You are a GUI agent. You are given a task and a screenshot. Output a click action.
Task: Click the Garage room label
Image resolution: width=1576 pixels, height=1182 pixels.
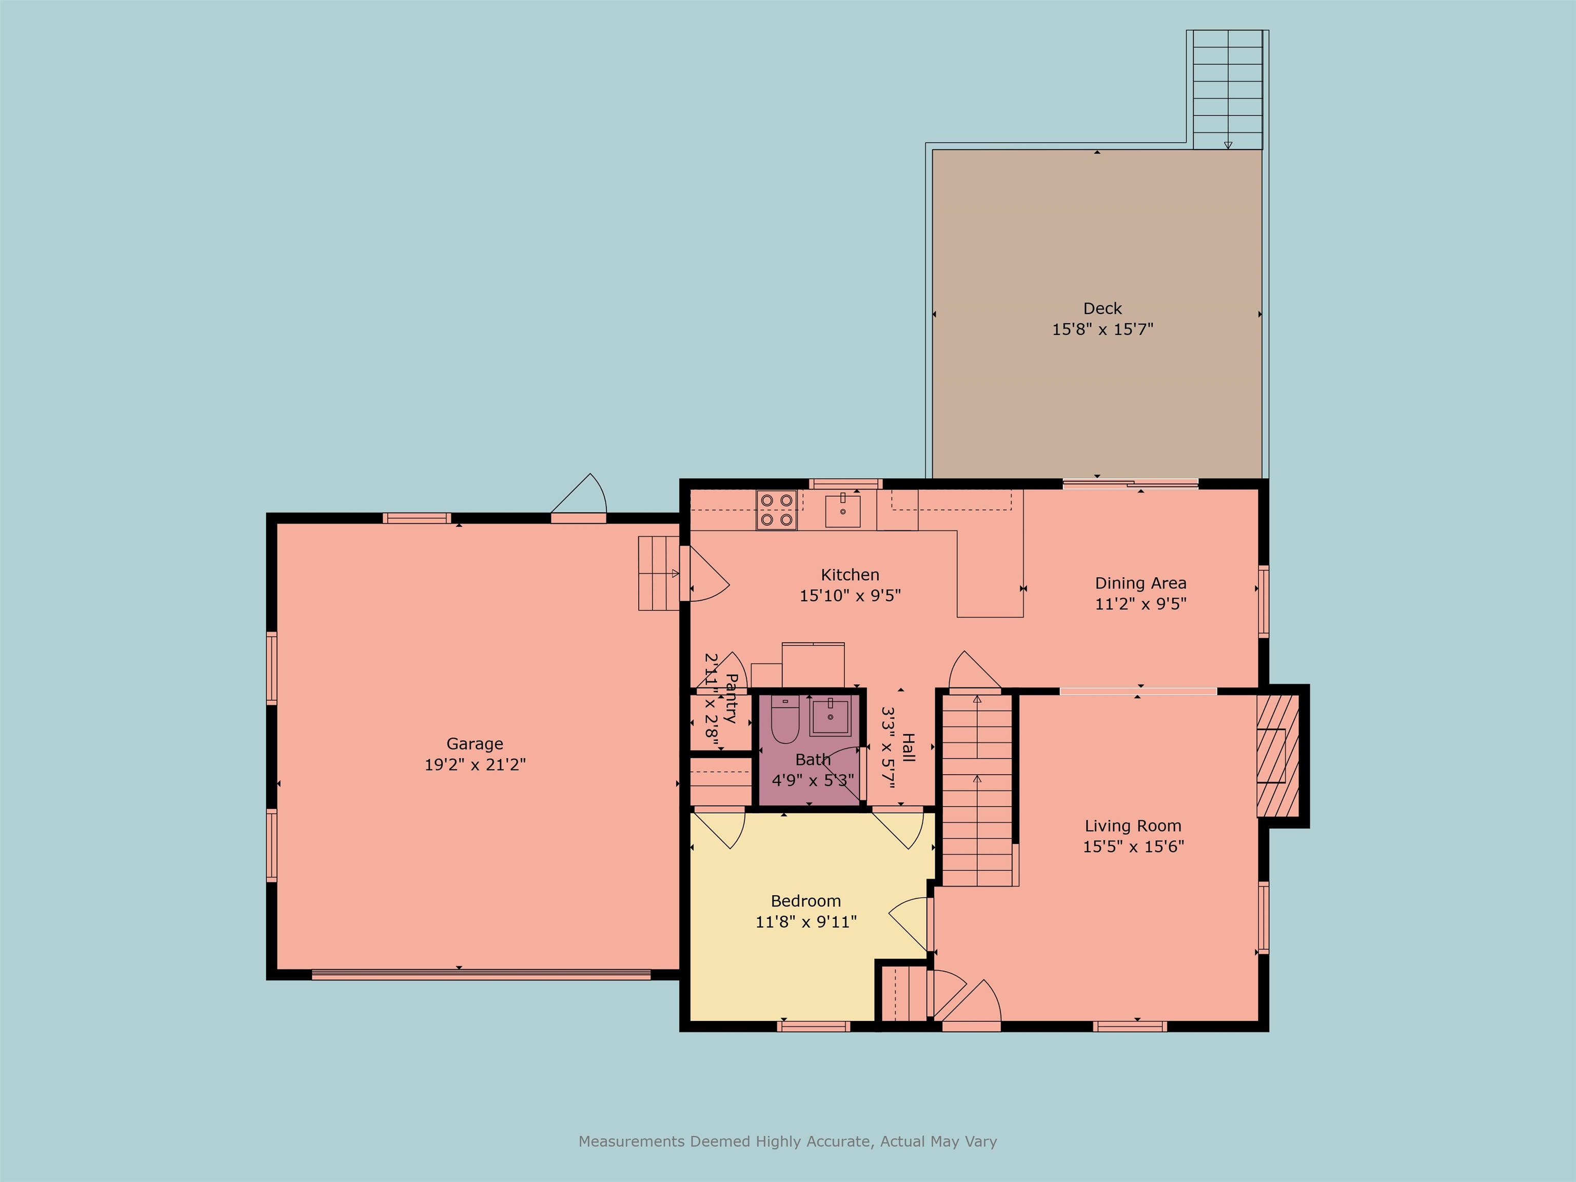coord(475,744)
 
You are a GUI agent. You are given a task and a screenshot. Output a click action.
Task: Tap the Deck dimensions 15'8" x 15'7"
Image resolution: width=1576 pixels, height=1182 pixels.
coord(1102,329)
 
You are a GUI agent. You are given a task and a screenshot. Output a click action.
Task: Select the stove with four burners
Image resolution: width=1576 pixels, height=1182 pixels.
coord(777,510)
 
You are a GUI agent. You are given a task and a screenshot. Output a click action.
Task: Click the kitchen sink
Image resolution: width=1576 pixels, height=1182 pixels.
coord(843,510)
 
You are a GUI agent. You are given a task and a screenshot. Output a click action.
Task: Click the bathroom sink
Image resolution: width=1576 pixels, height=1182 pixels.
coord(830,717)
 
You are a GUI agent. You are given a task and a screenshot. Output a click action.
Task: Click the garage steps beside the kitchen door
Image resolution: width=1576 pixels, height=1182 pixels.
coord(658,574)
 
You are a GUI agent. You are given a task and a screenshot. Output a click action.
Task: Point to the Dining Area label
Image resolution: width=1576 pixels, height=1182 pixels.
coord(1140,583)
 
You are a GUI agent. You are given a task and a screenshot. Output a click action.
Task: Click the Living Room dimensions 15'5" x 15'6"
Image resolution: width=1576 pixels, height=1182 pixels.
coord(1133,846)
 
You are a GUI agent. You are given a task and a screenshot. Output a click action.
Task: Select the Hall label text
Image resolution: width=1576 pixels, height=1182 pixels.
coord(909,747)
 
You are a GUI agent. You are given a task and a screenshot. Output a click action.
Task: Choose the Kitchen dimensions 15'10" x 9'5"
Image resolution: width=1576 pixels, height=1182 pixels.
coord(850,596)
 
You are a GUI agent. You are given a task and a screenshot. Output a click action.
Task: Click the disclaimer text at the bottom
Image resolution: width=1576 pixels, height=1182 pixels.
coord(787,1141)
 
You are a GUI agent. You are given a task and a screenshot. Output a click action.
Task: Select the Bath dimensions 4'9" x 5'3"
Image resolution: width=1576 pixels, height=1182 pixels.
coord(812,780)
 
